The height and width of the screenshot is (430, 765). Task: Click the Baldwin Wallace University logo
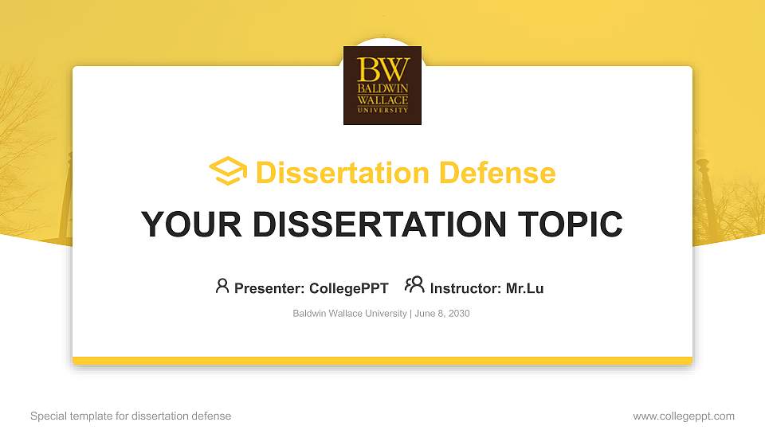click(382, 85)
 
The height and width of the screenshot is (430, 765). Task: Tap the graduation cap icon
click(228, 172)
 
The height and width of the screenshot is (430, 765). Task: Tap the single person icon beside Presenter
click(222, 286)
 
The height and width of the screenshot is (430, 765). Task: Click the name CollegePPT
click(348, 288)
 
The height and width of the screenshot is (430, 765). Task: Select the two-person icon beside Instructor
click(414, 285)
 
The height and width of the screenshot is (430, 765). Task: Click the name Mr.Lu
click(524, 288)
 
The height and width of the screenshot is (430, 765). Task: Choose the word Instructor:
click(465, 288)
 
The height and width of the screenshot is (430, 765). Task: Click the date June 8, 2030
click(442, 314)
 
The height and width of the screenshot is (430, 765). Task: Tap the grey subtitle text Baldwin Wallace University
click(350, 314)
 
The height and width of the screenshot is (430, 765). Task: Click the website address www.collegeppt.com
click(684, 416)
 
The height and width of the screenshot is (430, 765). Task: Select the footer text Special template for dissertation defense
click(131, 416)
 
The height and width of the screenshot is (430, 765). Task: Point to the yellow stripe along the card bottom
click(382, 361)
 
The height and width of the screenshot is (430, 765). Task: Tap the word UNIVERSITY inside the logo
click(382, 110)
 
